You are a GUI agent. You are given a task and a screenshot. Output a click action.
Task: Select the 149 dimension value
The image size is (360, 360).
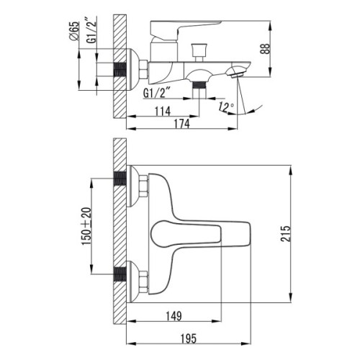click(172, 314)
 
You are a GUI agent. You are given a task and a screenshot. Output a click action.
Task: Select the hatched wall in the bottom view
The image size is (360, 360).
click(120, 230)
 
